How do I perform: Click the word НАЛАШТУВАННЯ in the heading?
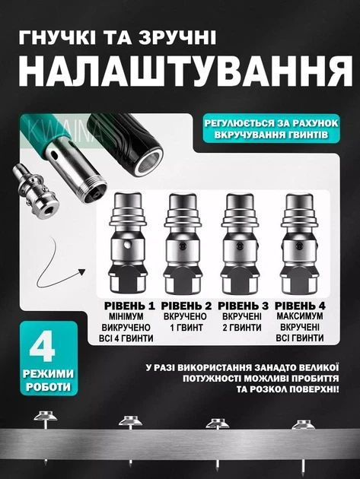[x=186, y=71]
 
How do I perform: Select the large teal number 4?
[x=43, y=348]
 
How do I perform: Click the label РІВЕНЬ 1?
[x=129, y=306]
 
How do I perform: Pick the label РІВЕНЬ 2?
[x=186, y=306]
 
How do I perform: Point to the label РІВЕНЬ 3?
[x=243, y=306]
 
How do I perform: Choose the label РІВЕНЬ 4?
[x=300, y=306]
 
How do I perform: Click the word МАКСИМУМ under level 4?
[x=300, y=316]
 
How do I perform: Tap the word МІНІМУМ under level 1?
[x=126, y=316]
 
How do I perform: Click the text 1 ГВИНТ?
[x=186, y=328]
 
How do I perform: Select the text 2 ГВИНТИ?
[x=242, y=328]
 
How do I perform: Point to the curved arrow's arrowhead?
[x=81, y=271]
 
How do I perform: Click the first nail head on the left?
[x=45, y=416]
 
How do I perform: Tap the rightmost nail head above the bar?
[x=303, y=424]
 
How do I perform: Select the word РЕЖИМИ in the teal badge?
[x=48, y=374]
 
